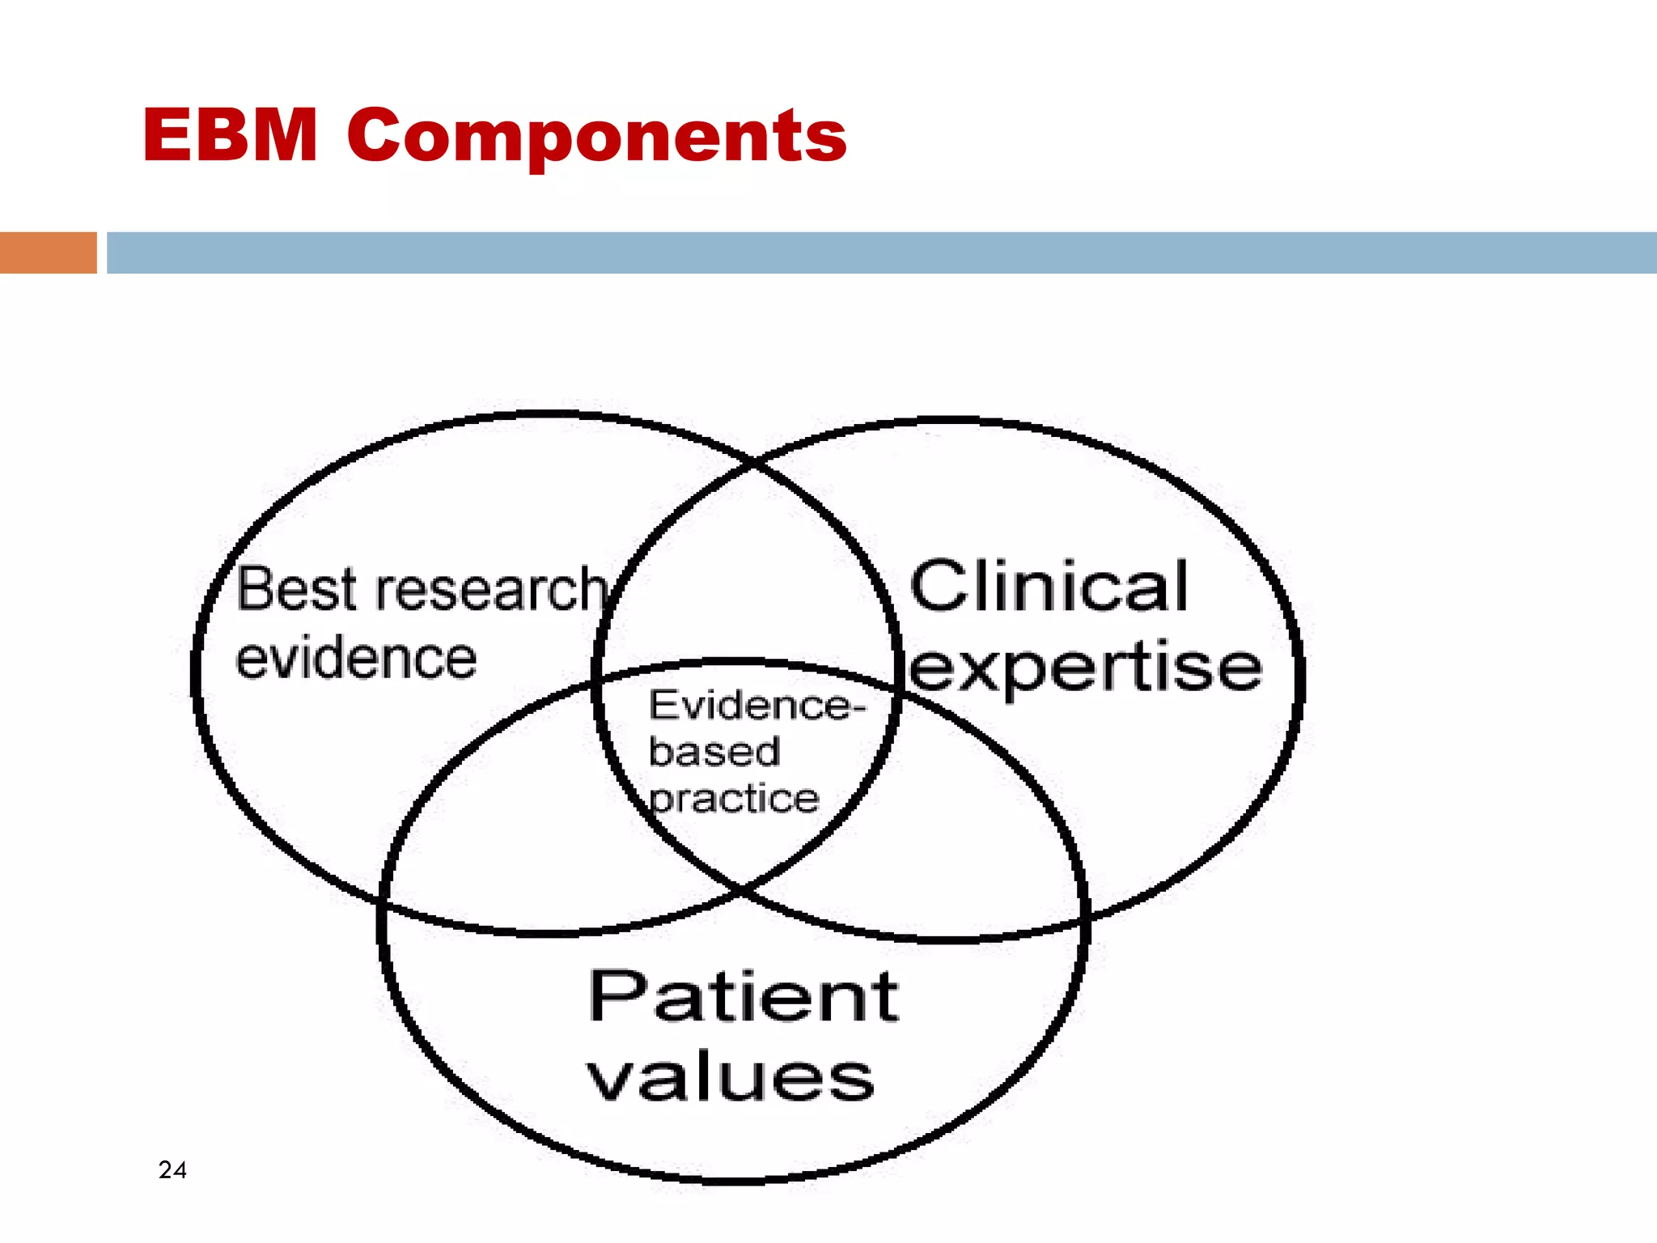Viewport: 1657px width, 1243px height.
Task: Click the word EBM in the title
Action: pos(230,135)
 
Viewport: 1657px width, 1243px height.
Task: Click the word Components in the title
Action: pos(597,135)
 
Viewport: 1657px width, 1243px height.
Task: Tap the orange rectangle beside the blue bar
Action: pos(48,252)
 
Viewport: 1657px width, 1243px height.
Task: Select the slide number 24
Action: pos(172,1169)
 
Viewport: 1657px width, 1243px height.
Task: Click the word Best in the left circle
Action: pos(296,589)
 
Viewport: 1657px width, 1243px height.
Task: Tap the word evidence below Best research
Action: pos(356,658)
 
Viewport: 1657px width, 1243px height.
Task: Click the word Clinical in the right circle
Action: pos(1049,586)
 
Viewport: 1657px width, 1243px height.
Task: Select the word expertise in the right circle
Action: pos(1085,668)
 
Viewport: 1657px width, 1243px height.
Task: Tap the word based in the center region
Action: pos(714,752)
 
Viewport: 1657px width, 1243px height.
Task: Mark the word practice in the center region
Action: pos(734,799)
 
